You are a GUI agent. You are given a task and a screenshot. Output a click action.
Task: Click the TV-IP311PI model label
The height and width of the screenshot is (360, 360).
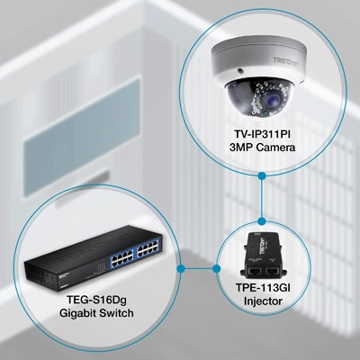262,134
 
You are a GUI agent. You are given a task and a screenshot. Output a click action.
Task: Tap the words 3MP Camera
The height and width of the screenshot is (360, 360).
262,148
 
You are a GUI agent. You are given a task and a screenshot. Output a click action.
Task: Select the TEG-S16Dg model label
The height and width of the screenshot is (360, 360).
96,300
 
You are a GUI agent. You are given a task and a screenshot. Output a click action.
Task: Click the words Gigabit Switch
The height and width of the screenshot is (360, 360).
96,313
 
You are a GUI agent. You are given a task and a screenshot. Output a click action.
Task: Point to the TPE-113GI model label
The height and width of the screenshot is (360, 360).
263,288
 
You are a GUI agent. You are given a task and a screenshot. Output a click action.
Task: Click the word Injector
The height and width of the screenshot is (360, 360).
263,301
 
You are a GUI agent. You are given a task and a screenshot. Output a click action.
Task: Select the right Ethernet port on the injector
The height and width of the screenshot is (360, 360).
273,272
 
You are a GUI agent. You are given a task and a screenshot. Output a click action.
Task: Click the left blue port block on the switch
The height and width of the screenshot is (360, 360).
122,257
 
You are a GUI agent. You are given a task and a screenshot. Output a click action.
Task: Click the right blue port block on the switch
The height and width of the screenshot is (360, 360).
148,247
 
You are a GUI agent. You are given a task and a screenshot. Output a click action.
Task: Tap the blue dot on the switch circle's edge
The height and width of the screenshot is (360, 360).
180,268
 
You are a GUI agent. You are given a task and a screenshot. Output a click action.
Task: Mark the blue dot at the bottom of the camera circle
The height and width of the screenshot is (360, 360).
262,175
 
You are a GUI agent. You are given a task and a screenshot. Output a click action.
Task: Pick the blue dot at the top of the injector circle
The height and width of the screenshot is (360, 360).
262,221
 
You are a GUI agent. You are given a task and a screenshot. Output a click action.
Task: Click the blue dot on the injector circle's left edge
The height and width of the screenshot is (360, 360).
216,268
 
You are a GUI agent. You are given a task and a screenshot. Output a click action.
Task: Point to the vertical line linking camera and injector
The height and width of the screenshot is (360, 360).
262,199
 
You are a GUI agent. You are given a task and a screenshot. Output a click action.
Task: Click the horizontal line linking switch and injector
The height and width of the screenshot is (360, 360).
198,268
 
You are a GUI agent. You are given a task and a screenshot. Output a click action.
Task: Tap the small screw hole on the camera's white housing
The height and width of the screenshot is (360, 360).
239,71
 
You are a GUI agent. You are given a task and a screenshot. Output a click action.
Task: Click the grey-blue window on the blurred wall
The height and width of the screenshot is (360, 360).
83,137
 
